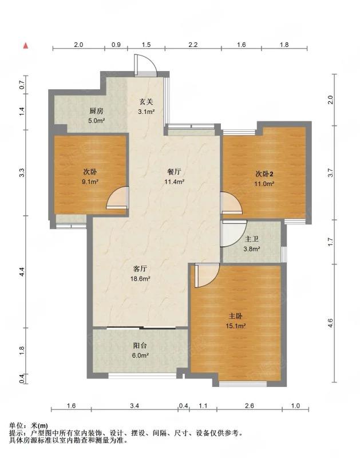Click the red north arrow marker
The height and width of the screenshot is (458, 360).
(x=26, y=45)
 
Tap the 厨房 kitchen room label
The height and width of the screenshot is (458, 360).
(x=96, y=111)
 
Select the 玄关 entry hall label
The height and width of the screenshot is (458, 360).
(x=146, y=102)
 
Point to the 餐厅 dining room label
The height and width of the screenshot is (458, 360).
(x=174, y=172)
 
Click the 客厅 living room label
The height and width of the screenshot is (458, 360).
(x=140, y=269)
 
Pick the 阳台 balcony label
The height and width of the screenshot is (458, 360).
(x=140, y=346)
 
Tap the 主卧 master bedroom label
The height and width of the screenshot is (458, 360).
(x=235, y=316)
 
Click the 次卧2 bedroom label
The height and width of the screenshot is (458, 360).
(x=264, y=174)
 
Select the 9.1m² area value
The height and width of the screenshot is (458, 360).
(x=90, y=181)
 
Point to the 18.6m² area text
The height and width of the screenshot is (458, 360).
(x=140, y=279)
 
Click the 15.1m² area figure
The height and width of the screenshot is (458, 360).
(x=236, y=326)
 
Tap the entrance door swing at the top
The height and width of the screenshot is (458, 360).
(x=146, y=65)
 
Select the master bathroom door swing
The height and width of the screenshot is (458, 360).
(x=234, y=233)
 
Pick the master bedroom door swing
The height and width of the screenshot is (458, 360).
(x=207, y=275)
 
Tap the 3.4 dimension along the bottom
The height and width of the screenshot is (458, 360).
(x=134, y=406)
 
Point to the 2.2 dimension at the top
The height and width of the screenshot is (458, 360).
(x=193, y=45)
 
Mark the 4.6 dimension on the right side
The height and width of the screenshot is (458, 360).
(x=330, y=323)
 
